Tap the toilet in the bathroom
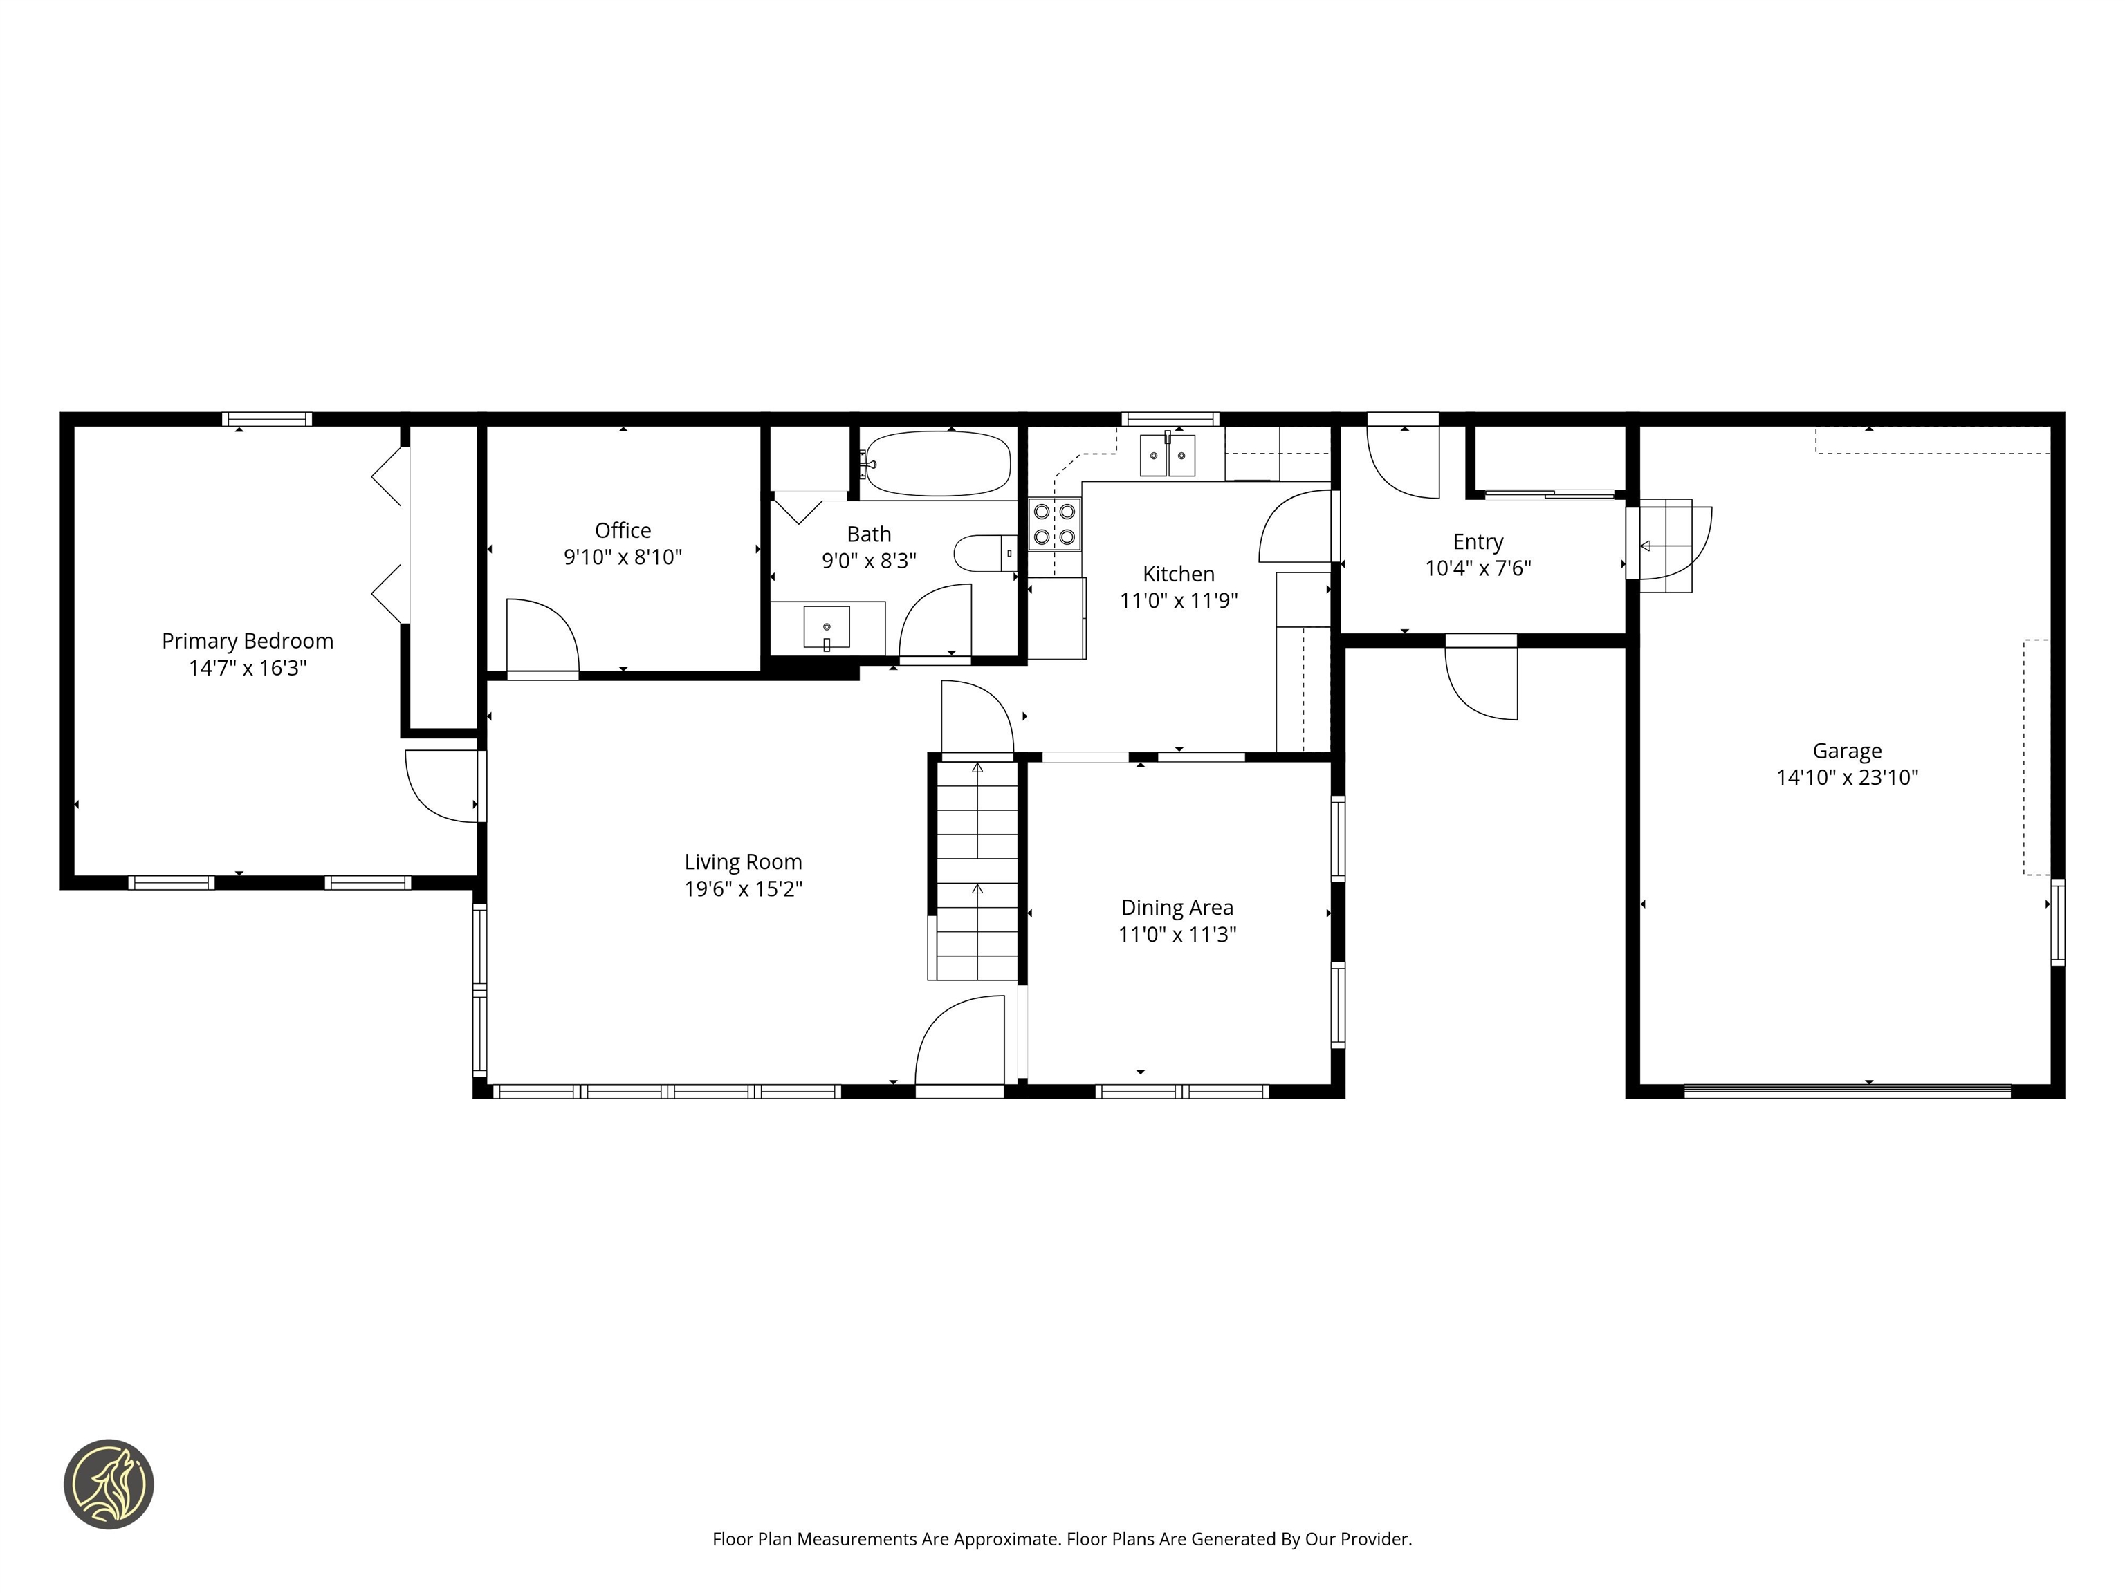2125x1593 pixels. coord(983,553)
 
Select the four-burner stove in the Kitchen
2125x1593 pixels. coord(1054,524)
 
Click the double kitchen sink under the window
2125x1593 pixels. coord(1167,455)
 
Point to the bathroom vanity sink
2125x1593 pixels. coord(826,628)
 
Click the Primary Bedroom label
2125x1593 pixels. coord(248,640)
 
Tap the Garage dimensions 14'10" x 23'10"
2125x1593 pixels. coord(1846,778)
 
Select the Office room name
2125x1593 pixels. coord(623,530)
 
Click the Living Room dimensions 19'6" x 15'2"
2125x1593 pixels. coord(743,889)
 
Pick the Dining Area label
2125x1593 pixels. coord(1177,907)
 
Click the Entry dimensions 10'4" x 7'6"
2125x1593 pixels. coord(1478,568)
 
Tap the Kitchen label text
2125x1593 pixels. coord(1179,574)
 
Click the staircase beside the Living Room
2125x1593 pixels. coord(977,869)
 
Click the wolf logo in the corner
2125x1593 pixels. coord(109,1484)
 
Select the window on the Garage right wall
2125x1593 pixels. coord(2057,922)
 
